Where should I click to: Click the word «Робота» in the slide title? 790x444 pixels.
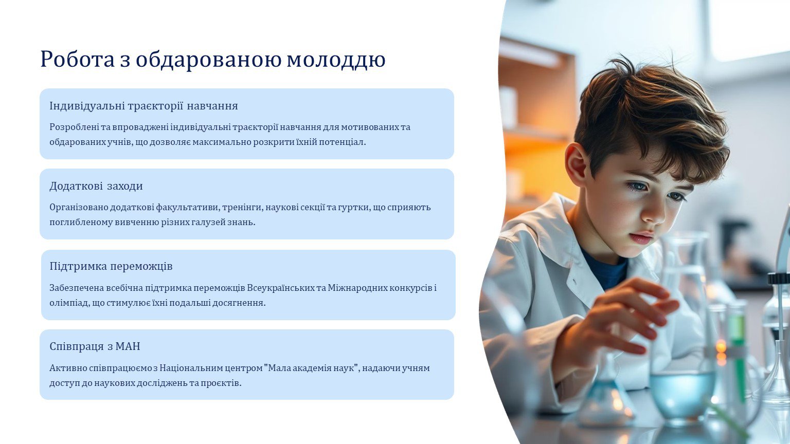point(78,59)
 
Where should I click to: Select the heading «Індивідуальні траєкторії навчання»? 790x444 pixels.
point(143,106)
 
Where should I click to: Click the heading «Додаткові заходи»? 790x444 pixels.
point(96,186)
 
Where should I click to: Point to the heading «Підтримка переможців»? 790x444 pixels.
point(111,266)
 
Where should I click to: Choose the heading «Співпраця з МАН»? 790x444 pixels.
point(95,346)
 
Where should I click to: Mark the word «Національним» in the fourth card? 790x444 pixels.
point(190,368)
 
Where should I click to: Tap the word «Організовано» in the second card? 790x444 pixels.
point(79,207)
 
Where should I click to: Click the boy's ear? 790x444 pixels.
point(578,164)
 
